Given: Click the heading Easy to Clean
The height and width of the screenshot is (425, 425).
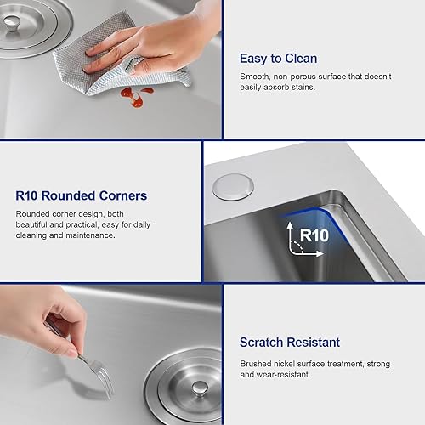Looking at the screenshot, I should pyautogui.click(x=278, y=59).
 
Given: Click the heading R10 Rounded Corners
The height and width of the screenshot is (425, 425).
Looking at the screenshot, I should pyautogui.click(x=81, y=195).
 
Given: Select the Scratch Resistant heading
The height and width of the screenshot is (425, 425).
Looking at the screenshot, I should pyautogui.click(x=290, y=343).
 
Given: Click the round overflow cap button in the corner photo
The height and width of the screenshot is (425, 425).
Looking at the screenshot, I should pyautogui.click(x=228, y=187).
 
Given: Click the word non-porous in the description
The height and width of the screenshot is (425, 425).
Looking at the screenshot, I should pyautogui.click(x=302, y=76).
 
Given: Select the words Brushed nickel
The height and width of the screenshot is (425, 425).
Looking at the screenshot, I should pyautogui.click(x=269, y=363).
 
